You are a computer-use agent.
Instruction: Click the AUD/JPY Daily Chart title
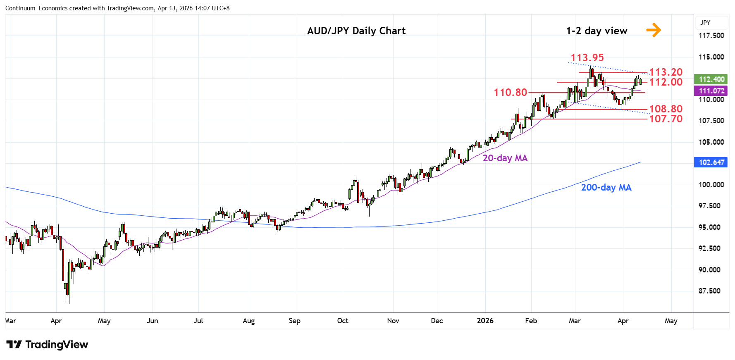pos(356,31)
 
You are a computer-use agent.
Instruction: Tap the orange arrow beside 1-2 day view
pos(654,30)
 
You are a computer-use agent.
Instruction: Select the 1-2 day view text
pos(597,31)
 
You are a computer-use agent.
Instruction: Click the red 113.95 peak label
pos(587,58)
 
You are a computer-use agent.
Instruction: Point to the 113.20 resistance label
pos(666,72)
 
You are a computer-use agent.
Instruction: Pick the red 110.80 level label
pos(510,93)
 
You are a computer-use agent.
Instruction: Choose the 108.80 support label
pos(666,109)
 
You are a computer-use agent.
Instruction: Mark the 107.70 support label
pos(666,119)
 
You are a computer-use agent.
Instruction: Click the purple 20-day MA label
pos(505,158)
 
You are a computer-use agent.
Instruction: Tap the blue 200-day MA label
pos(606,188)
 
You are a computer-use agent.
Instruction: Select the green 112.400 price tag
pos(711,79)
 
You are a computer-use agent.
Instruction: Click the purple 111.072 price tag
pos(711,91)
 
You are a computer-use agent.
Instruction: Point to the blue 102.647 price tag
pos(711,162)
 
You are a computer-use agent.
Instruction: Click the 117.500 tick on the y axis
pos(711,36)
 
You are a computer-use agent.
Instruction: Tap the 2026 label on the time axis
pos(485,321)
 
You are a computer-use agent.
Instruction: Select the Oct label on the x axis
pos(343,321)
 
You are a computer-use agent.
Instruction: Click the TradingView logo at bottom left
pos(47,345)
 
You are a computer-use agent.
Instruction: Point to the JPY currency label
pos(705,23)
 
